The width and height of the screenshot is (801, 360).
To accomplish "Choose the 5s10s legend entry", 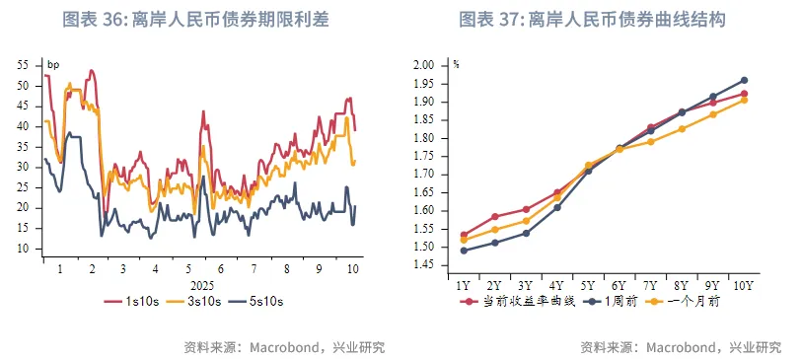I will coord(268,300).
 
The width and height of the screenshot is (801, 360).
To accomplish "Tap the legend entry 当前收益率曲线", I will coord(517,301).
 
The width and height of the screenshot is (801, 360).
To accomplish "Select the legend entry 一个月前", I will coord(686,301).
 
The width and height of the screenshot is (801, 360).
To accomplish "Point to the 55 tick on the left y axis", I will coord(24,65).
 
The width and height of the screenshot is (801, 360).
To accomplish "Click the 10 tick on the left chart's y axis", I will coord(24,249).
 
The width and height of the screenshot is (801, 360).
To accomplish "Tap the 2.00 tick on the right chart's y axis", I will coord(424,65).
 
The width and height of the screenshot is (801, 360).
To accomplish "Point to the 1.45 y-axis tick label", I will coord(424,265).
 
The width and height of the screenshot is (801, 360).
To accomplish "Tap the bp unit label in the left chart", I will coord(53,65).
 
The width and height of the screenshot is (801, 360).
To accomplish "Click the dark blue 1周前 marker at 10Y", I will coord(744,80).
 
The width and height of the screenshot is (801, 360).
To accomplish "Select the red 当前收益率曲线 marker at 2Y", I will coord(495,216).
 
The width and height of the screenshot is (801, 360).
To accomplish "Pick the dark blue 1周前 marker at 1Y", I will coord(464,251).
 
